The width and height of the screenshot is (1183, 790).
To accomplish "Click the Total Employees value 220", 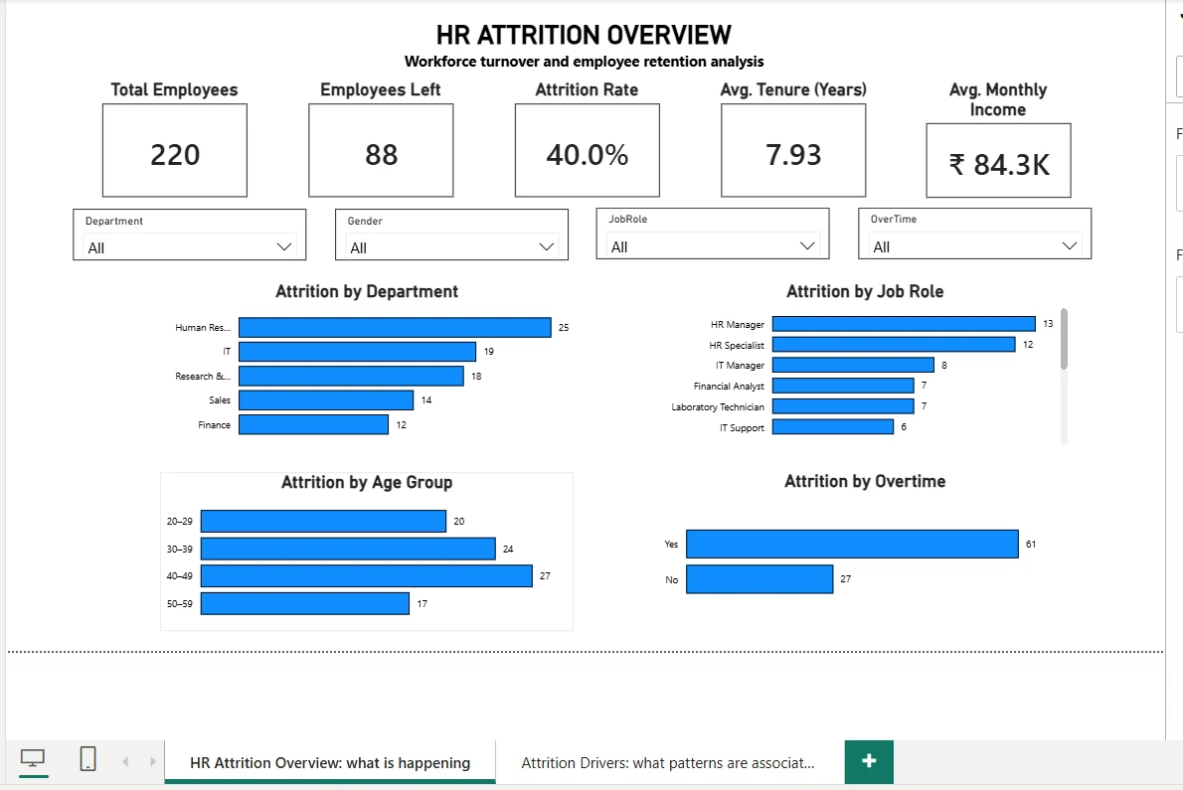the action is pos(175,155).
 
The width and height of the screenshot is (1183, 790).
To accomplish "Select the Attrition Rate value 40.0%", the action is pos(587,155).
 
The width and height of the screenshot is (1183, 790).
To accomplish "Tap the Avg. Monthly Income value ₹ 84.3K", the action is pos(999,164).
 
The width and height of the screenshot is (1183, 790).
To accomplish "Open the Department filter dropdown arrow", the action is pos(283,247).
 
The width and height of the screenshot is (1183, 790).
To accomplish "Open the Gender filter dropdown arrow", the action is pos(546,247).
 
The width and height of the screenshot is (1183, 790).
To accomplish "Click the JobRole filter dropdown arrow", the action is pos(807,246).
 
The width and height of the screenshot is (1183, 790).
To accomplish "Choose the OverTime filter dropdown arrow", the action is pos(1069,246).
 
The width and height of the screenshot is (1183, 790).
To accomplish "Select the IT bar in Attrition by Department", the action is pos(358,352).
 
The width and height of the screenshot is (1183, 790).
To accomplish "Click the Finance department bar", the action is pos(314,424).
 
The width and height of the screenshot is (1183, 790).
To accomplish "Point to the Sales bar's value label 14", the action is pos(426,400).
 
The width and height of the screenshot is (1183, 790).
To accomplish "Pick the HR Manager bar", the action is pos(904,323).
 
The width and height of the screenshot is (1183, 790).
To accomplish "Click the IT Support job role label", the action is pos(742,428).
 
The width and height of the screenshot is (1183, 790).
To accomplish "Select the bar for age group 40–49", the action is pos(367,576).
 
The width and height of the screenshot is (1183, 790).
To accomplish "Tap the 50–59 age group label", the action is pos(180,604).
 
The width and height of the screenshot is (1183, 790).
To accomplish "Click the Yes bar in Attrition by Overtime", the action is pos(853,545).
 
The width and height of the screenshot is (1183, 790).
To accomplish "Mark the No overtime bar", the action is pos(760,579).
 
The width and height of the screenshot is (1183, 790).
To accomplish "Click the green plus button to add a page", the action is pos(869,761).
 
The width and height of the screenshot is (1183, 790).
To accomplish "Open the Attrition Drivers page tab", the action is pos(668,763).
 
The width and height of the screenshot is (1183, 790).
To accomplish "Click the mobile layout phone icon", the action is pos(87,758).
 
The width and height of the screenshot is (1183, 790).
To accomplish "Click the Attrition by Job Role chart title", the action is pos(865,292).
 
